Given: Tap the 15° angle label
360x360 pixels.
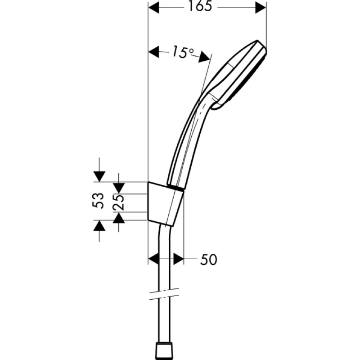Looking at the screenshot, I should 181,53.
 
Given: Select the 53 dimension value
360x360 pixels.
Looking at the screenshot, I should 99,201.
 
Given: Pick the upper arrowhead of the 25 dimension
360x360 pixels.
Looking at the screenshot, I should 118,186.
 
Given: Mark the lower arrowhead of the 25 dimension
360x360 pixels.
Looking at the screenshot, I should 118,218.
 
